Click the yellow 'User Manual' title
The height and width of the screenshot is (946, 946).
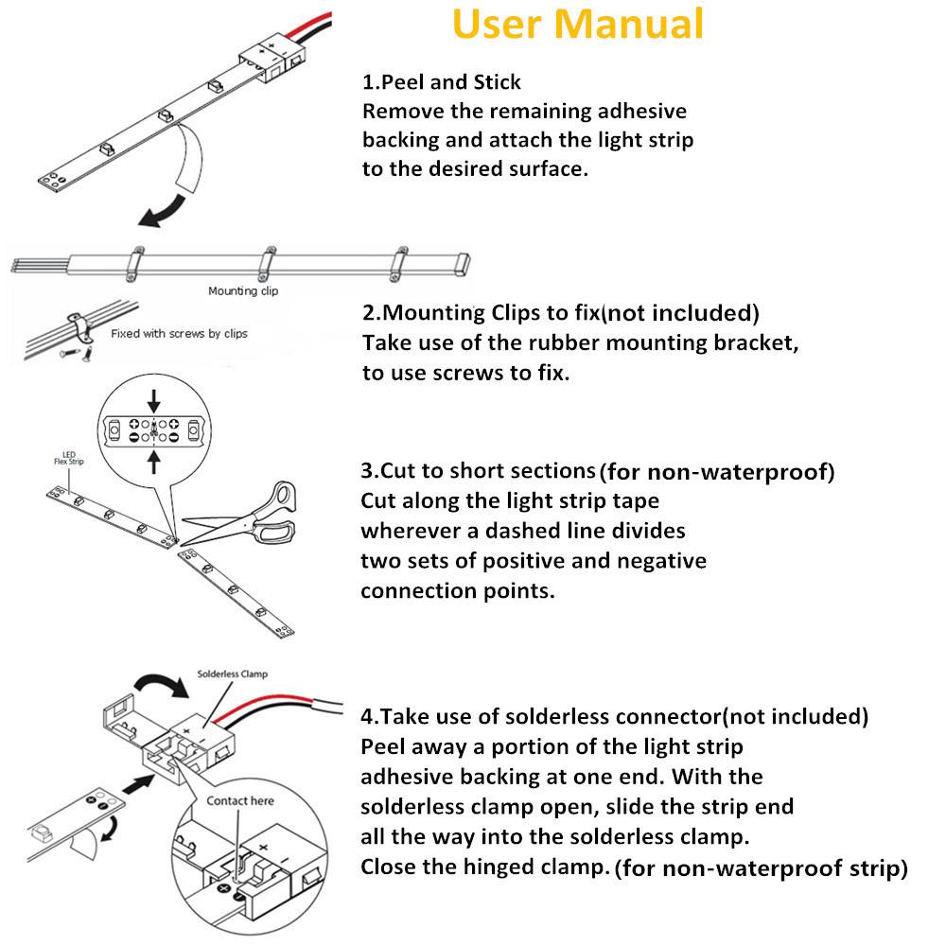pos(578,25)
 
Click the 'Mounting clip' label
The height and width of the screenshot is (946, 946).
pos(243,290)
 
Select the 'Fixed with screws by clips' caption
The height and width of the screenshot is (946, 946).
pos(179,334)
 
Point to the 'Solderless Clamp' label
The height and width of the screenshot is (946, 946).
pos(232,674)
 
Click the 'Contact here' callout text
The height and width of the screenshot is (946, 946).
pos(240,800)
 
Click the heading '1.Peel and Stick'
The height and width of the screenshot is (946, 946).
pos(442,82)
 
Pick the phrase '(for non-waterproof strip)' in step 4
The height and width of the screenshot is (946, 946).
pos(761,867)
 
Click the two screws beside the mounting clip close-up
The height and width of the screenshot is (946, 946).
pos(75,353)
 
